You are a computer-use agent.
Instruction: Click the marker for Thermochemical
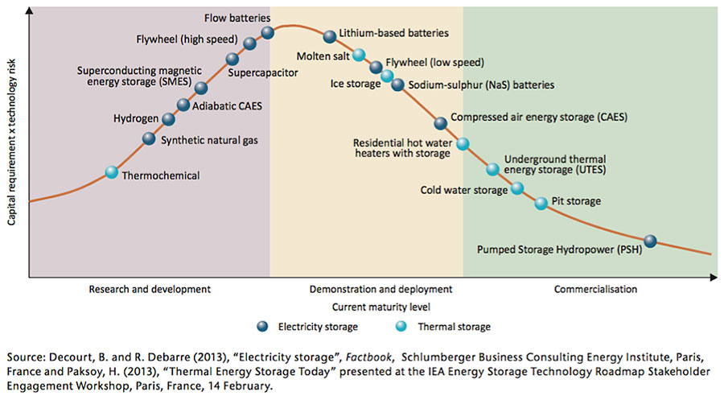(x=112, y=172)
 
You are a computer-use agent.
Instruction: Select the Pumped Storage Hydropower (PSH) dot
(x=650, y=241)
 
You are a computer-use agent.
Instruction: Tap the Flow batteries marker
(x=268, y=32)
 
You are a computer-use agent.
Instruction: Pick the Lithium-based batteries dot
(x=329, y=36)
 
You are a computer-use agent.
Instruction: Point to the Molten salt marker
(x=359, y=56)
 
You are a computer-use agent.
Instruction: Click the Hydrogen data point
(x=168, y=119)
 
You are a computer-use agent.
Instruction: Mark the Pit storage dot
(x=541, y=203)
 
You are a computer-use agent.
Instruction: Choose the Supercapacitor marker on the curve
(x=232, y=59)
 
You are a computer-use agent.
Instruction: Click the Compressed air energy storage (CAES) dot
(x=440, y=123)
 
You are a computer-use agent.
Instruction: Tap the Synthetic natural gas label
(x=204, y=139)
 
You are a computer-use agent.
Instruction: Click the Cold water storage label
(x=464, y=191)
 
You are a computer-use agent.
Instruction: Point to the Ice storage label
(x=355, y=83)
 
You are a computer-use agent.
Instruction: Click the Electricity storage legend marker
(x=261, y=326)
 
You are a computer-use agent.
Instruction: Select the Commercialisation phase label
(x=595, y=289)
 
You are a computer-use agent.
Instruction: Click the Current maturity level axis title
(x=370, y=307)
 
